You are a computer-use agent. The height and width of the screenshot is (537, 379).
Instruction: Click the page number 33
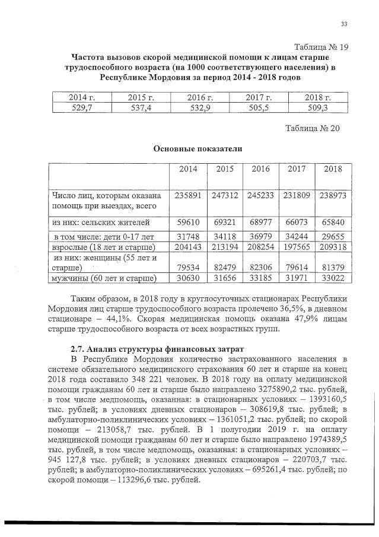(x=343, y=24)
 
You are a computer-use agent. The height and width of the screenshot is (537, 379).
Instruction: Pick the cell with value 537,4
(x=141, y=107)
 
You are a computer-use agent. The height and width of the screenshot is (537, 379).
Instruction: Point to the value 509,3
(x=317, y=107)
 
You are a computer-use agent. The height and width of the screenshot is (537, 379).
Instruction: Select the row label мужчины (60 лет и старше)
(x=104, y=277)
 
